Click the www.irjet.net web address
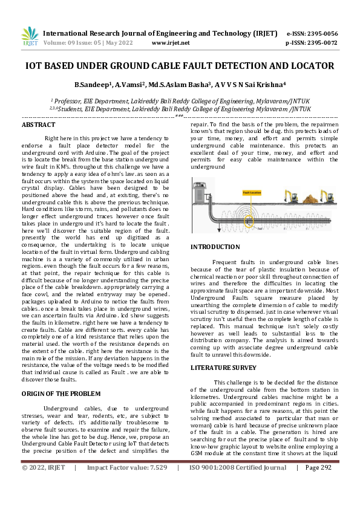pyautogui.click(x=170, y=43)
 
